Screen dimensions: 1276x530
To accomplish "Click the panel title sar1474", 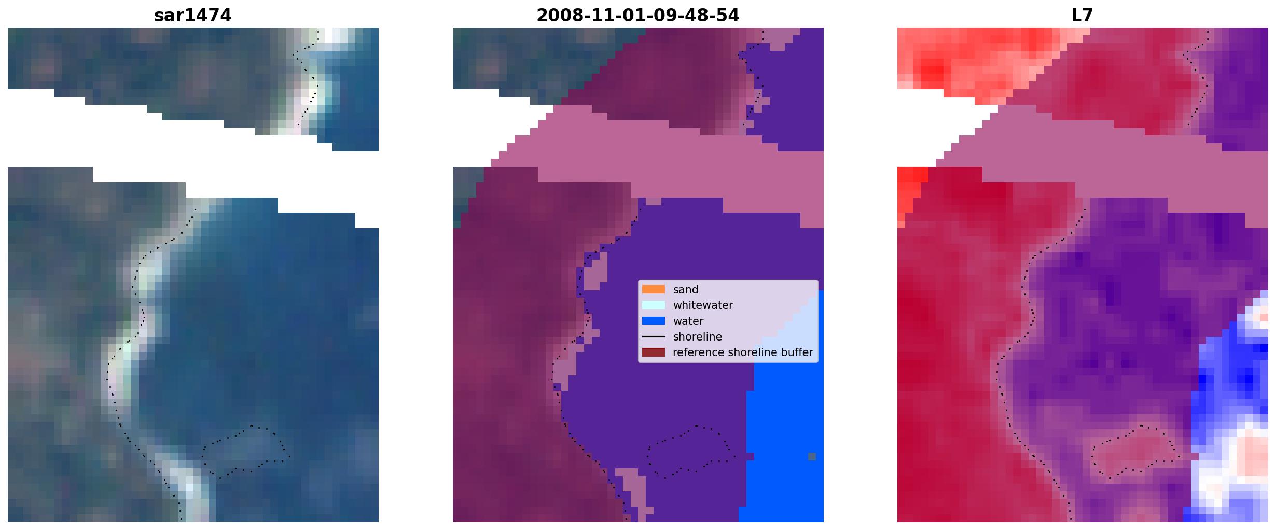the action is click(192, 16).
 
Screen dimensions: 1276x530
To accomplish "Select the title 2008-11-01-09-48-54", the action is click(637, 16).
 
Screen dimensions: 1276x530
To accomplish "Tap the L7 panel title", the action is click(1082, 16).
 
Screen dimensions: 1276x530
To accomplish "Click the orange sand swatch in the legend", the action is click(653, 289).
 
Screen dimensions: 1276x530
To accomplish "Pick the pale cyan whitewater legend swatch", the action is click(653, 305).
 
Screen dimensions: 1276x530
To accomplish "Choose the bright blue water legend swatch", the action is click(653, 321).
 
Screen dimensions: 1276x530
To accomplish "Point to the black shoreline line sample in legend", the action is click(653, 336).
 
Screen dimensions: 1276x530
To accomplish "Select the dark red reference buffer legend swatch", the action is click(653, 352).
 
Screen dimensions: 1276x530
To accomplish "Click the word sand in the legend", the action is click(685, 290).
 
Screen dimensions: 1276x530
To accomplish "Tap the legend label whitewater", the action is click(703, 305).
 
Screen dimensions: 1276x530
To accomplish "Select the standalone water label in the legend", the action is click(688, 321).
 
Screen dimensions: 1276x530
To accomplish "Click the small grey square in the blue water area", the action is click(812, 456).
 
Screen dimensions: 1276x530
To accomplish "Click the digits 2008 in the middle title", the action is click(556, 16).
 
